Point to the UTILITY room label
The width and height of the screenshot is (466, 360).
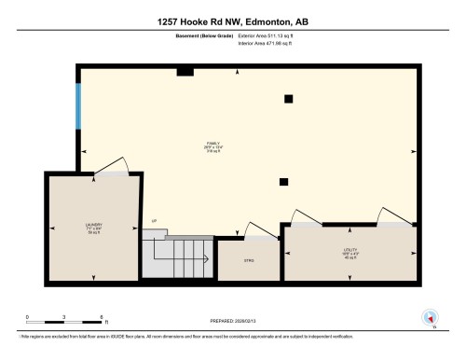coord(349,252)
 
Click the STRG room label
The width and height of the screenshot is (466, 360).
coord(249,260)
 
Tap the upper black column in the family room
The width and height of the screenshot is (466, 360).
coord(288,98)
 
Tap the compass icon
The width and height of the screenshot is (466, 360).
coord(431,316)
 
